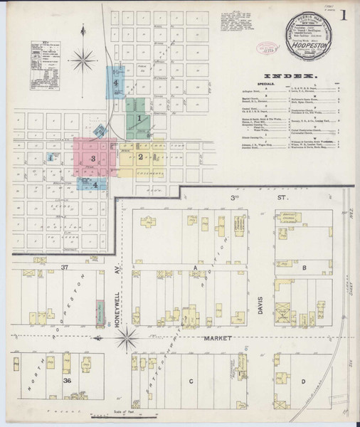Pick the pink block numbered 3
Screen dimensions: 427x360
[x=92, y=159]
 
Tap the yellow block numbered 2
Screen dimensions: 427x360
[x=142, y=157]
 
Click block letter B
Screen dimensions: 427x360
[x=305, y=267]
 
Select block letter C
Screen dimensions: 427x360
[x=191, y=381]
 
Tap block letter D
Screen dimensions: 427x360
[x=303, y=381]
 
